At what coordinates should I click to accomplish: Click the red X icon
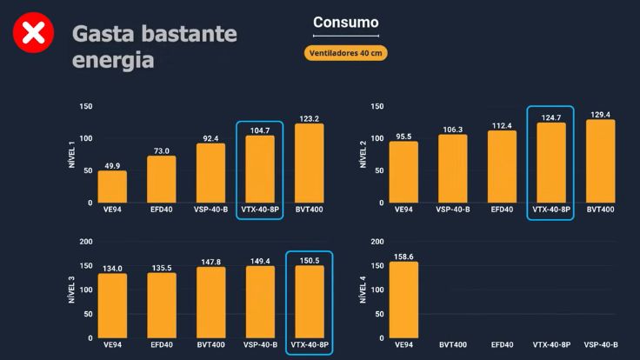[33, 34]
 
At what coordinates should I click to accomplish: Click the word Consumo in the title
[346, 23]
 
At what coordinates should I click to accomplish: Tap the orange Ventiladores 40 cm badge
[346, 52]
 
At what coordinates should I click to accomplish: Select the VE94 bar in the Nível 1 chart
[112, 187]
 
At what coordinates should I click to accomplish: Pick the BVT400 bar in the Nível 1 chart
[310, 163]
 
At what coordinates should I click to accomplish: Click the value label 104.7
[260, 128]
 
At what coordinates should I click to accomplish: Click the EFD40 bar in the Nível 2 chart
[502, 167]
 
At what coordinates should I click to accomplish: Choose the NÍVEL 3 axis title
[72, 290]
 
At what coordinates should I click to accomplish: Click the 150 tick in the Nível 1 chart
[85, 106]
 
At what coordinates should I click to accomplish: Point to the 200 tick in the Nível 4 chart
[377, 242]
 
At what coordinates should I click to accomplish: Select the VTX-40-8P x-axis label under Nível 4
[551, 345]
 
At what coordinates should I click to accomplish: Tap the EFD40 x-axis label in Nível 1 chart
[162, 210]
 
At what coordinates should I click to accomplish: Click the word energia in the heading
[113, 61]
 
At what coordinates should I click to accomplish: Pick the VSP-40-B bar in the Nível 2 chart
[452, 169]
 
